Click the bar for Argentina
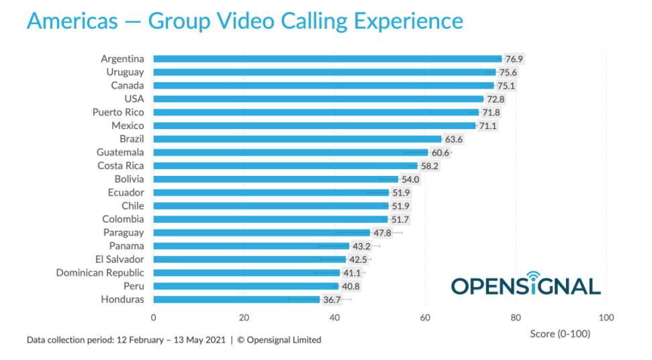[x=327, y=58]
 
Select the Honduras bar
[x=236, y=300]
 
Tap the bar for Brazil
[x=297, y=139]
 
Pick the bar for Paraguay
[x=261, y=232]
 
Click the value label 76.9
[x=514, y=59]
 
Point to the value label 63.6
[x=454, y=139]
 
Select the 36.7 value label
[x=332, y=300]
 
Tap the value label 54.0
[x=410, y=179]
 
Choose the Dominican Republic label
[x=100, y=273]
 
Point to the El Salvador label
[x=120, y=259]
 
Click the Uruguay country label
[x=125, y=72]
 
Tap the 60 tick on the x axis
[x=425, y=318]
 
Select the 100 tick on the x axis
[x=606, y=318]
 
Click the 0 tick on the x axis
[x=153, y=318]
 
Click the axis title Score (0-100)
[x=560, y=334]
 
